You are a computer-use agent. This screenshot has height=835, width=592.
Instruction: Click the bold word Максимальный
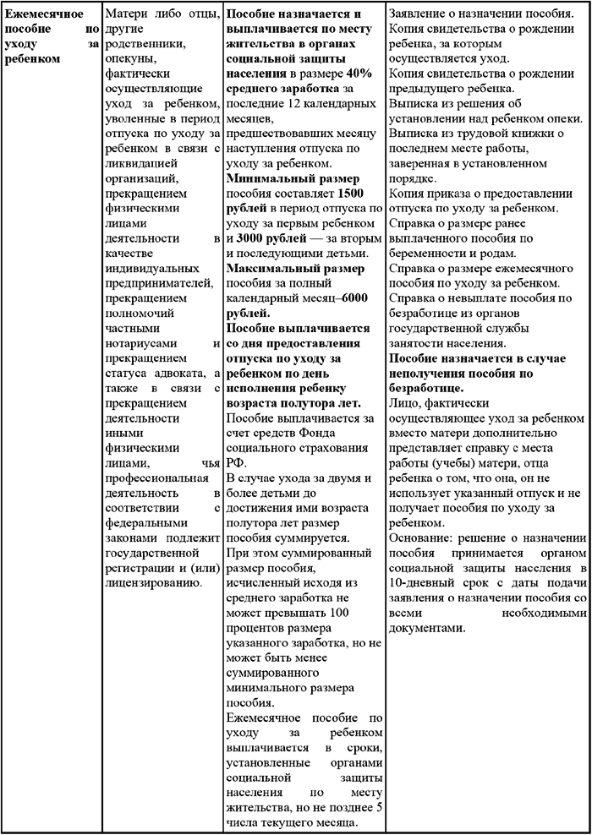(270, 270)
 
